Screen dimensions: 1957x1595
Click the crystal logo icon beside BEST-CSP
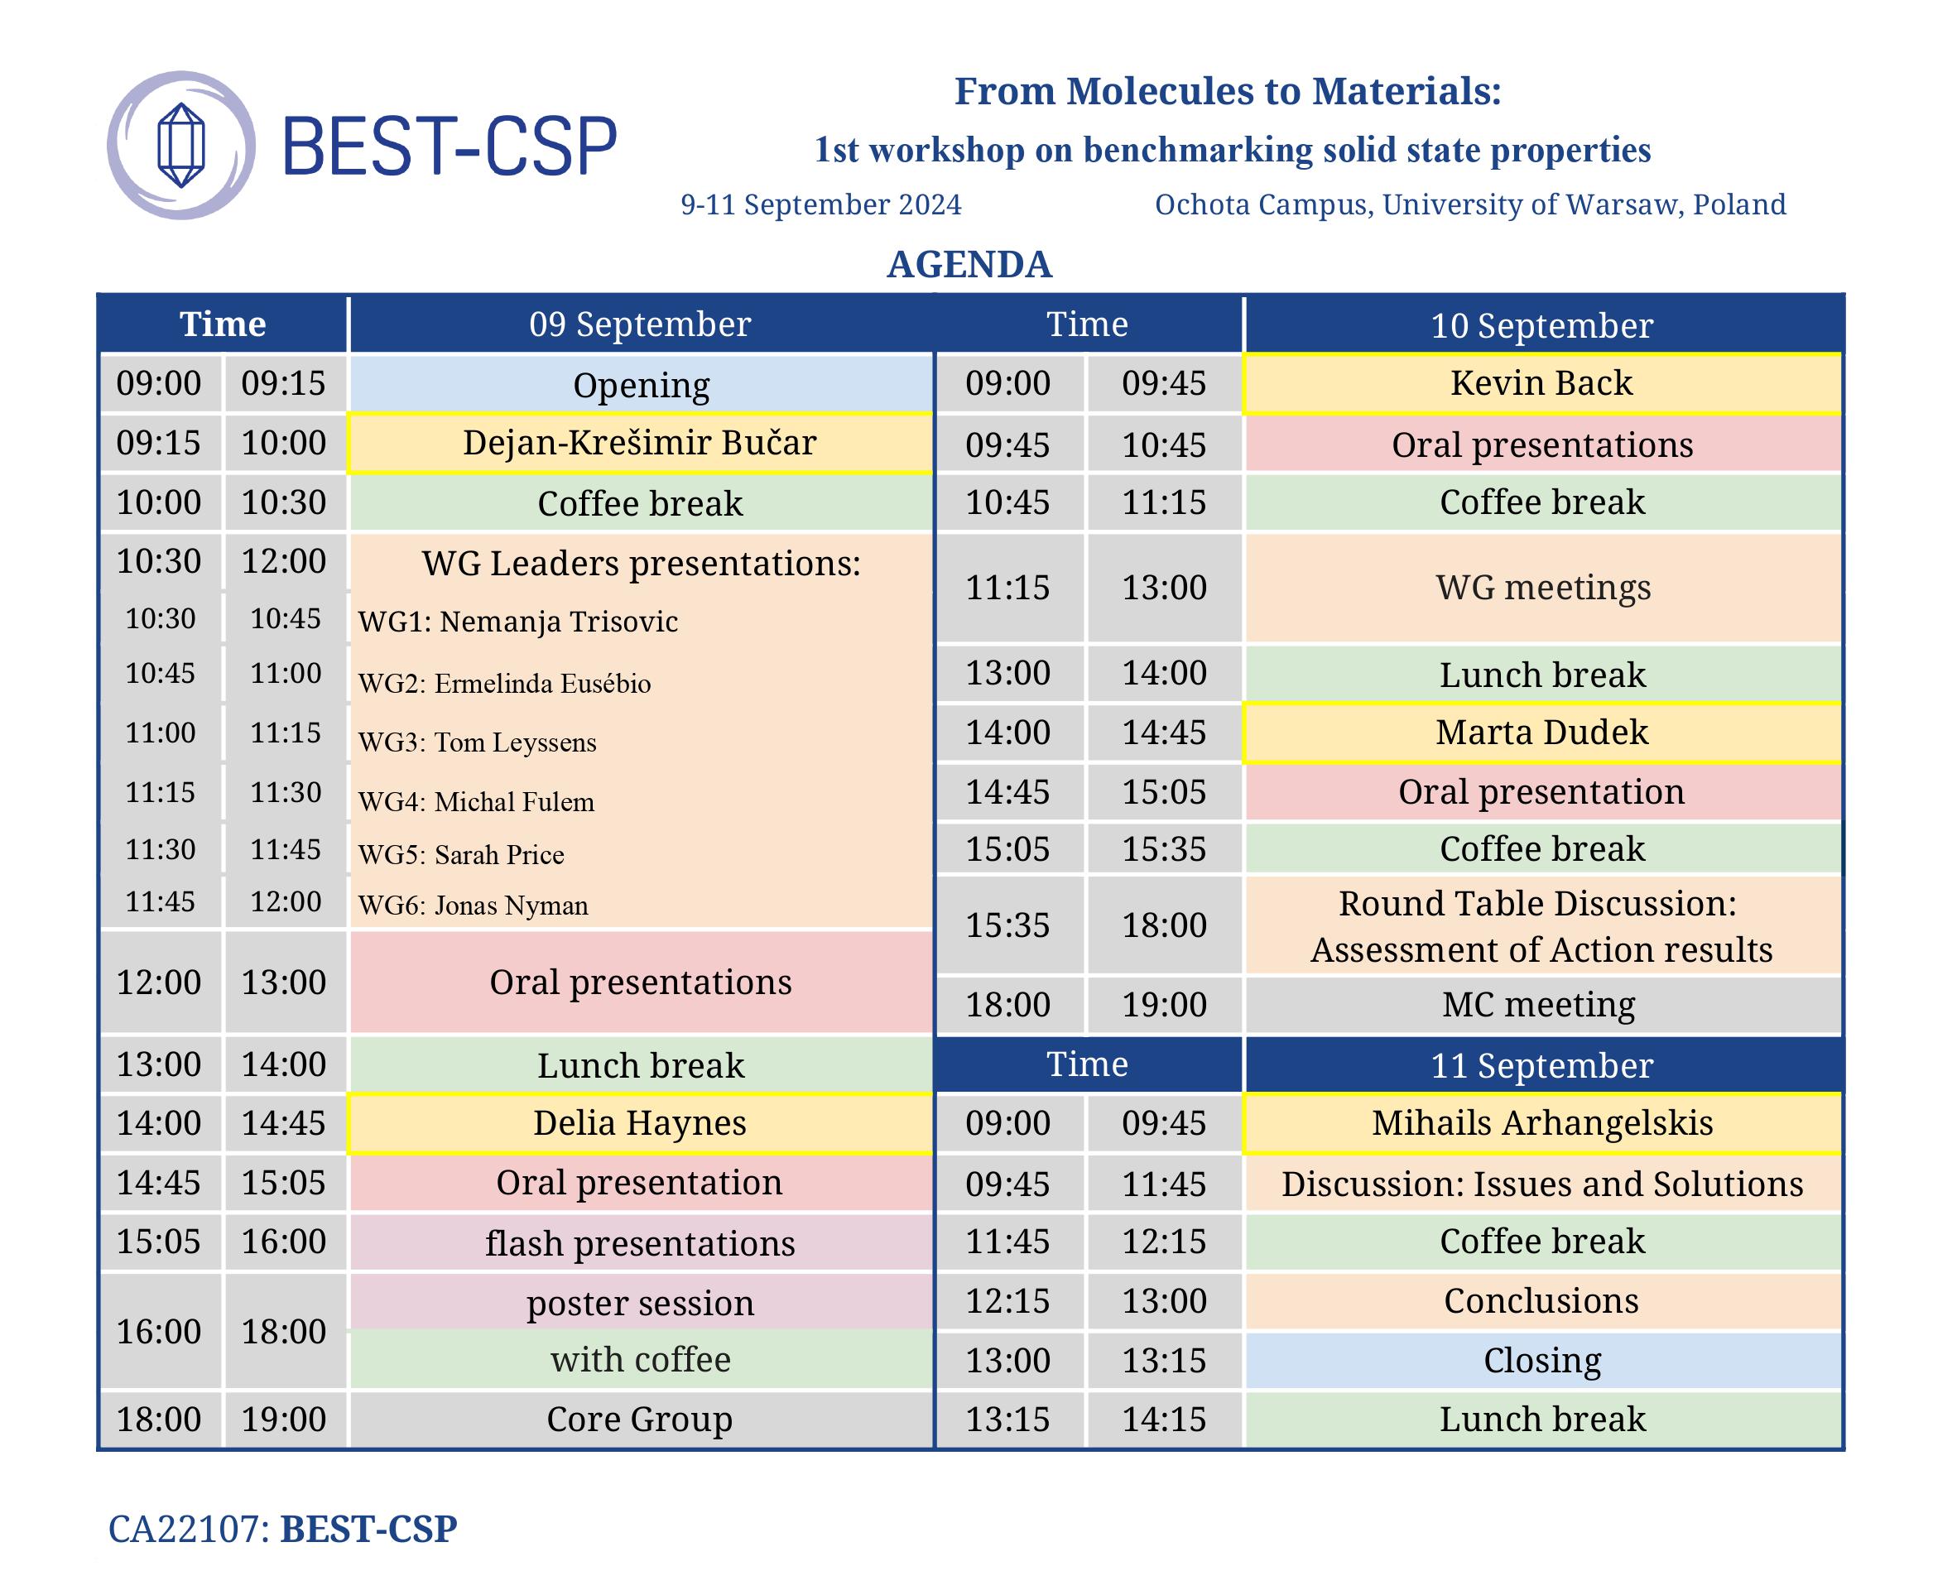(x=181, y=145)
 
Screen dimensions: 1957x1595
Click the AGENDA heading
(x=969, y=265)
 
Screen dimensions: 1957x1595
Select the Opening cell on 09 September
(x=641, y=384)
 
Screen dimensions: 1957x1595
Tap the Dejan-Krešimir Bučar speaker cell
(x=641, y=443)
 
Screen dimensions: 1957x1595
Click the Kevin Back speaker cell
(x=1541, y=383)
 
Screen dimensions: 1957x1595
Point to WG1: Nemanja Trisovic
(x=518, y=622)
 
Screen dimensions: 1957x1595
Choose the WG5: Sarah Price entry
(x=461, y=854)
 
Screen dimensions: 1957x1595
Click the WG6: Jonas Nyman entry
(x=474, y=906)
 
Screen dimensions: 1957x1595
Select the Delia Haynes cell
(x=641, y=1122)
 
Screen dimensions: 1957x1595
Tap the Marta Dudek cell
(x=1541, y=733)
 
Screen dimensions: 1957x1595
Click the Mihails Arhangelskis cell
(x=1541, y=1122)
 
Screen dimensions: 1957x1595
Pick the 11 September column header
(x=1541, y=1066)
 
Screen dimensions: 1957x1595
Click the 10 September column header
(x=1541, y=325)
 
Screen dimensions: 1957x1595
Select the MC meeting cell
(x=1541, y=1005)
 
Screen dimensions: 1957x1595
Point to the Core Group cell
(x=641, y=1420)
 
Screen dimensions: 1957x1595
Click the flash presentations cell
(x=641, y=1243)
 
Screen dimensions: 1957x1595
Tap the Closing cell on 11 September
(x=1541, y=1361)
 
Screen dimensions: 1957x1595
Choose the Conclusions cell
(x=1541, y=1301)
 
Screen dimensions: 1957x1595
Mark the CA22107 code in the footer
(x=190, y=1529)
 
